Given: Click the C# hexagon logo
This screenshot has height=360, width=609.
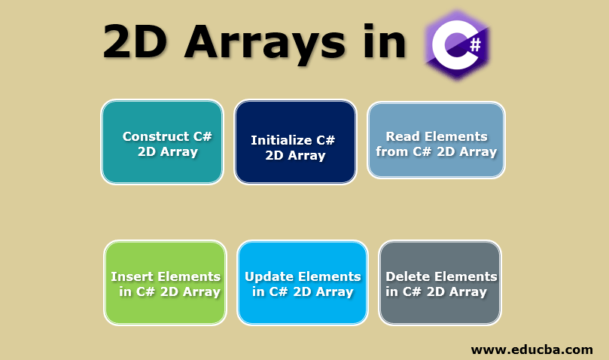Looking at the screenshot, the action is coord(457,44).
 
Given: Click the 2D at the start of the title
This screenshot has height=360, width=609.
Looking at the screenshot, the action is coord(136,41).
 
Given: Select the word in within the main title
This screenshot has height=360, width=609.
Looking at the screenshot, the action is coord(385,41).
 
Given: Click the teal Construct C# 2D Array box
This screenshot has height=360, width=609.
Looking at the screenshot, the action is coord(163,142).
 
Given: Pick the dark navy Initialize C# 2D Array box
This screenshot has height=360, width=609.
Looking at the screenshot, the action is coord(295,142).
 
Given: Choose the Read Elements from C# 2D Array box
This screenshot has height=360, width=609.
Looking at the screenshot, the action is coord(436,140).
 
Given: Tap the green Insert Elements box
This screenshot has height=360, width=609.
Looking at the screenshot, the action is coord(165,282).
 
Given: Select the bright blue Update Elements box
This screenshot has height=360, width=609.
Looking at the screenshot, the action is coord(303,282).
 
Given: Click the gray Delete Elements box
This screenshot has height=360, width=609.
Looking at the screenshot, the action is coord(440,282).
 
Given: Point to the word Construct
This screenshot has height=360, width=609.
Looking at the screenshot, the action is coord(156,136).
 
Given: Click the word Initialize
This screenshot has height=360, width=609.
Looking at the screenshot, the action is coord(282,140).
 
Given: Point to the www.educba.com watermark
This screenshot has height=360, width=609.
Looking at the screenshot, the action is coord(531,350).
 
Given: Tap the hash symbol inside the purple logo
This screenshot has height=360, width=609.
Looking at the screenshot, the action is coord(476,45).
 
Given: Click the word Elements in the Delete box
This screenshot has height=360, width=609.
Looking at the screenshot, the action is coord(461,276).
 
